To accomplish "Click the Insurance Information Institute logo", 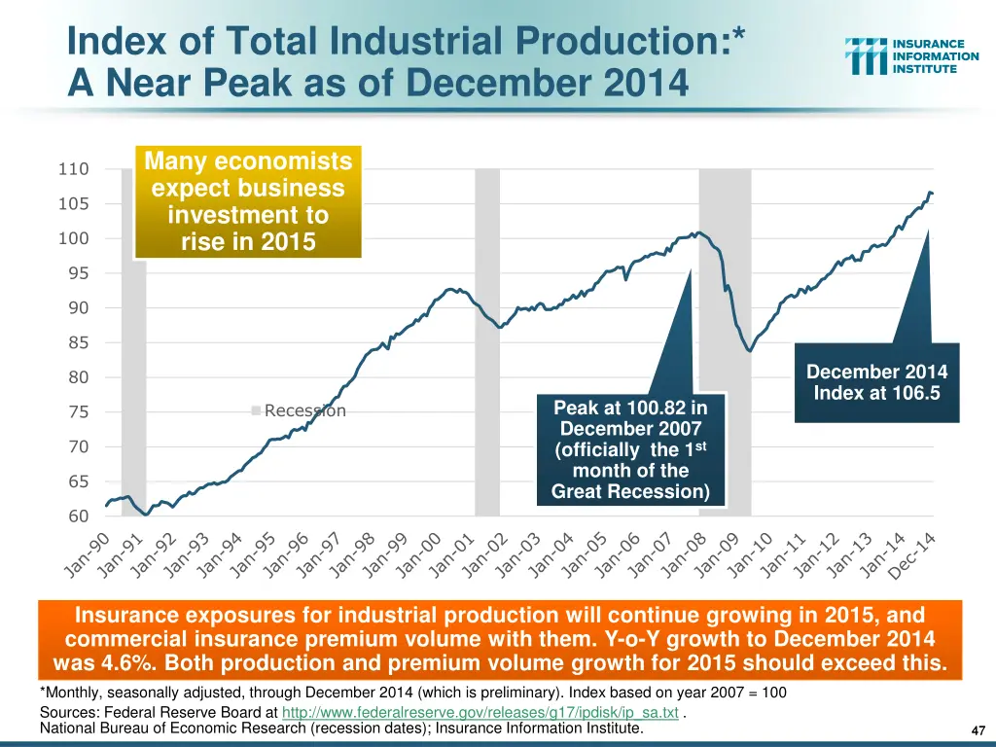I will (911, 56).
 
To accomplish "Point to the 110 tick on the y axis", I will (73, 169).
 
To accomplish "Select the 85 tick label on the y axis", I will (78, 342).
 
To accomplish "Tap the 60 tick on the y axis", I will (78, 516).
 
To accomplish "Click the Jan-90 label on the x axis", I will (89, 555).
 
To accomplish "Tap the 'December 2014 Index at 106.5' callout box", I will (876, 382).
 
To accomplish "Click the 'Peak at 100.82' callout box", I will (630, 449).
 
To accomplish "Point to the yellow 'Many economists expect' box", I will (248, 201).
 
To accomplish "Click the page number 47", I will (978, 730).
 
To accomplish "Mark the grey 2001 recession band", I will (487, 340).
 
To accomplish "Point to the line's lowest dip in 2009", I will (749, 351).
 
